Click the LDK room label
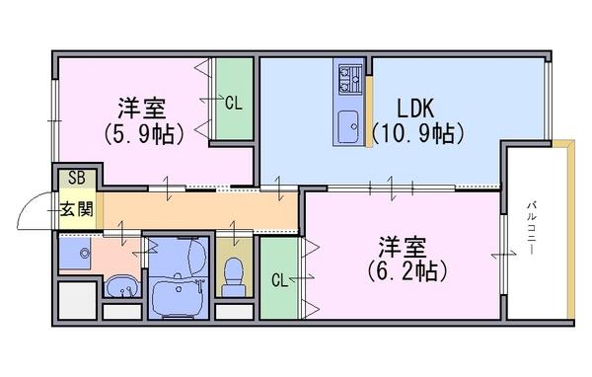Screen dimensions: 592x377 pyautogui.click(x=415, y=108)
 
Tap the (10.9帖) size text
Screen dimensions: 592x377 pyautogui.click(x=417, y=133)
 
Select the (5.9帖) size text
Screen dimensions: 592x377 pyautogui.click(x=144, y=133)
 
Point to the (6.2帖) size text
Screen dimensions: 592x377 pyautogui.click(x=407, y=270)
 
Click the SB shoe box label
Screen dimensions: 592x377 pyautogui.click(x=77, y=178)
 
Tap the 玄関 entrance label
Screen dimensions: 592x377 pyautogui.click(x=77, y=208)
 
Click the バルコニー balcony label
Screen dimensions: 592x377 pyautogui.click(x=532, y=229)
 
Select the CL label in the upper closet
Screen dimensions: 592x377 pyautogui.click(x=233, y=103)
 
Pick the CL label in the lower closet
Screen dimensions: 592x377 pyautogui.click(x=280, y=280)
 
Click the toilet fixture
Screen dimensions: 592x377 pyautogui.click(x=233, y=277)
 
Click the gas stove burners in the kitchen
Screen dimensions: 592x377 pyautogui.click(x=349, y=79)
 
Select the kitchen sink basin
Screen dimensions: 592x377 pyautogui.click(x=348, y=126)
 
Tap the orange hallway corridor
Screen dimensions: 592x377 pyautogui.click(x=200, y=211)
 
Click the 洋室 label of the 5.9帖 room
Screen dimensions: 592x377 pyautogui.click(x=142, y=108)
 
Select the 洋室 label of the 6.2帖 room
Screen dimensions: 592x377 pyautogui.click(x=403, y=247)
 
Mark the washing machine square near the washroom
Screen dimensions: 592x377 pyautogui.click(x=77, y=301)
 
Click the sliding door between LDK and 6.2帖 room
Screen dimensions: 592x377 pyautogui.click(x=391, y=188)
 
